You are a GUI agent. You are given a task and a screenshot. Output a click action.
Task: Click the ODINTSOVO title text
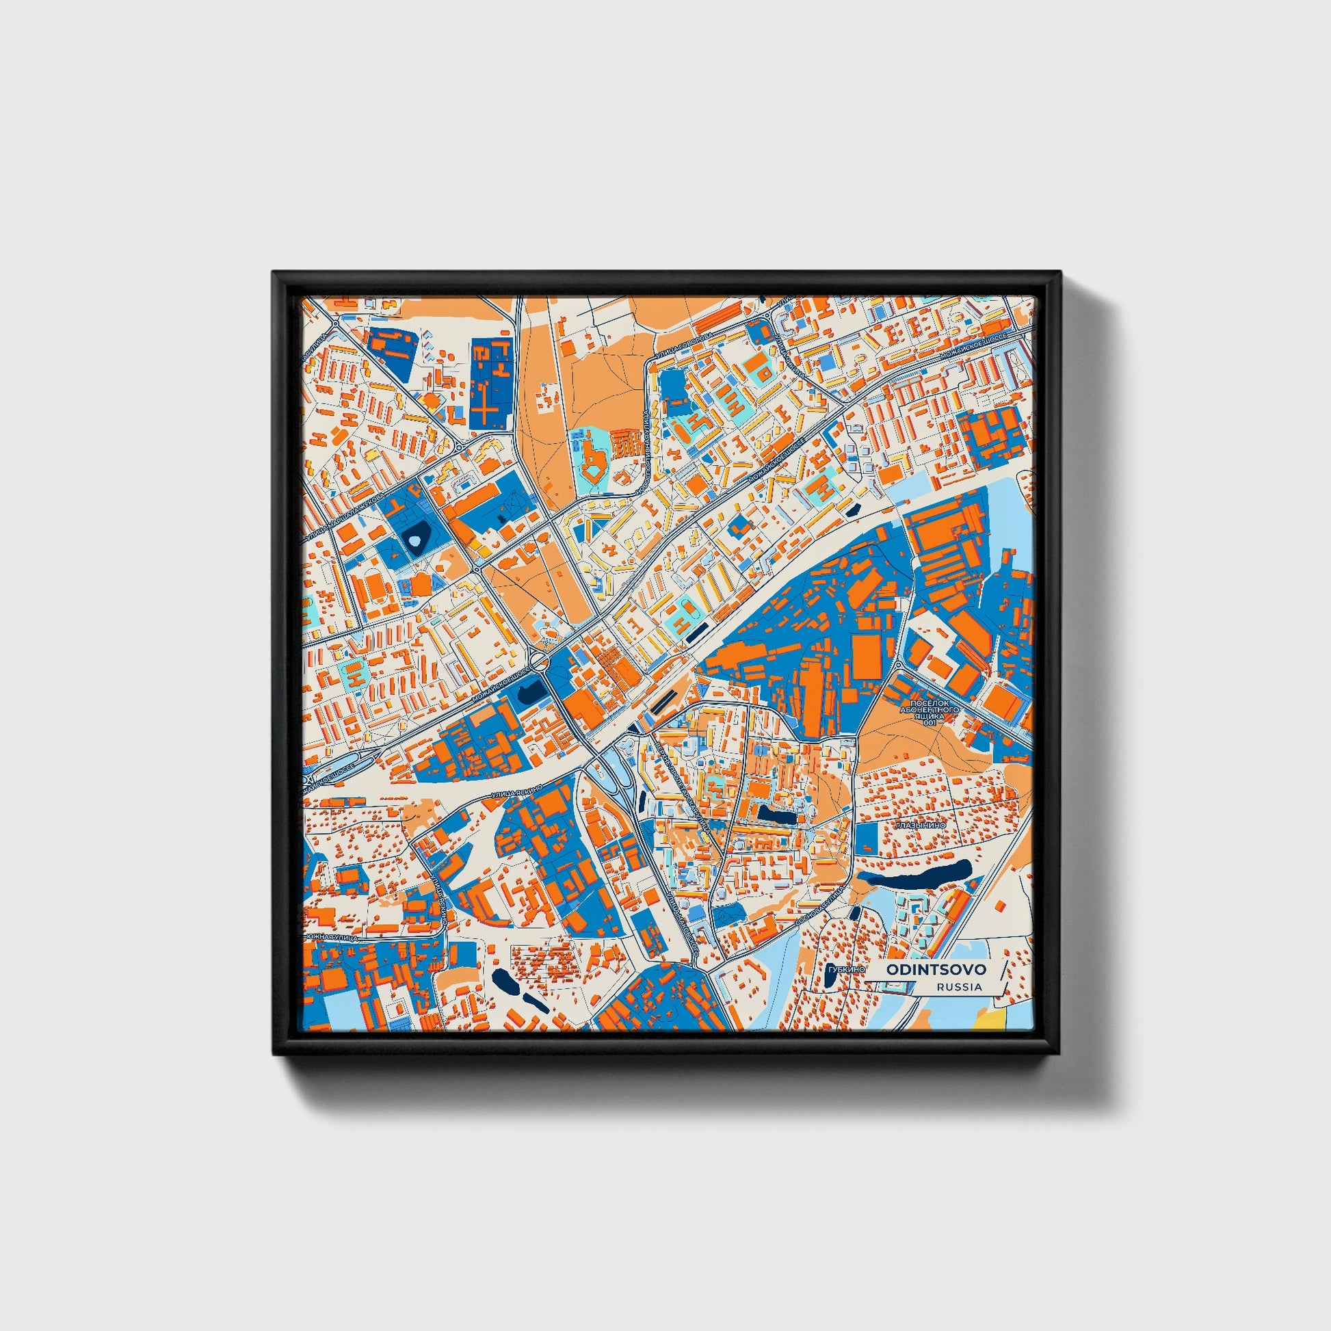click(936, 969)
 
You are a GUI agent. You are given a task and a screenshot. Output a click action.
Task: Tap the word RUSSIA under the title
click(959, 987)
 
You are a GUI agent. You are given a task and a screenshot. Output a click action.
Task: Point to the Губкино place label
click(847, 969)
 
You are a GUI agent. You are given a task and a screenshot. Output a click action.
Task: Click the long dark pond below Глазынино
click(917, 874)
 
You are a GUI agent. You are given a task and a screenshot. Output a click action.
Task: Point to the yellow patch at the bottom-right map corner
click(995, 1019)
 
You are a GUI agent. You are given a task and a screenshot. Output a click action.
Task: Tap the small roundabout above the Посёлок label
click(898, 665)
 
